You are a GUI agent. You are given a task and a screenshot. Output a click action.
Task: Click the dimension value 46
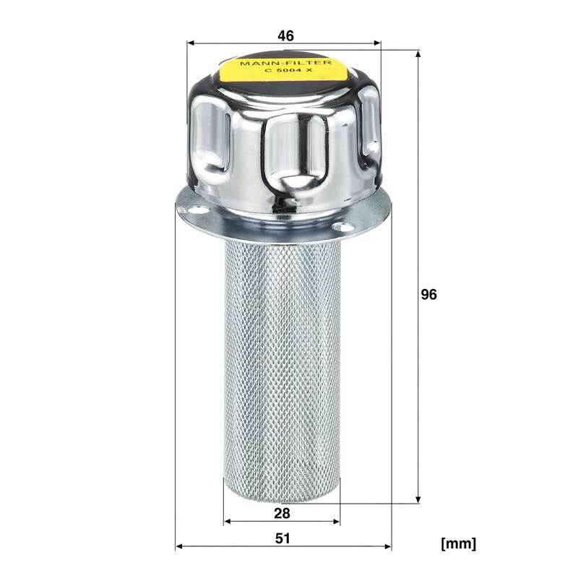(x=285, y=35)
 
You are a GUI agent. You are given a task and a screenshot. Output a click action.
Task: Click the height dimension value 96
(x=428, y=295)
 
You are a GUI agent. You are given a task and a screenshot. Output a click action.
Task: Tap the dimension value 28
(x=282, y=513)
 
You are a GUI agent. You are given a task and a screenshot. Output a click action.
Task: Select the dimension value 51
(x=282, y=538)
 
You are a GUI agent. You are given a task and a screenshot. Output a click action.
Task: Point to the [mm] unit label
(x=459, y=543)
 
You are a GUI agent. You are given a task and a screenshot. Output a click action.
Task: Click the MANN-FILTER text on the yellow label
(x=285, y=63)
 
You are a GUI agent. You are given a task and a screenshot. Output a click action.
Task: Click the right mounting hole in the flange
(x=342, y=227)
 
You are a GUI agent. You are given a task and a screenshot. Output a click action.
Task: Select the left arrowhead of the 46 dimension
(x=191, y=43)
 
